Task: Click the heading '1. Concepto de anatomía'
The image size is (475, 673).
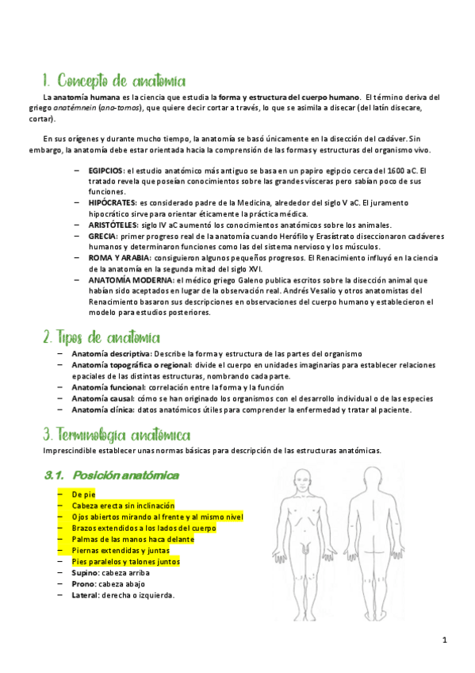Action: [114, 81]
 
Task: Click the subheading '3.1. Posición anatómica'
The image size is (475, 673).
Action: [111, 475]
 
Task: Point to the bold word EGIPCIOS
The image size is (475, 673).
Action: [105, 171]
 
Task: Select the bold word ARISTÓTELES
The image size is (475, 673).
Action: [113, 225]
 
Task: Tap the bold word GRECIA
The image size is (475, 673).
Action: [102, 237]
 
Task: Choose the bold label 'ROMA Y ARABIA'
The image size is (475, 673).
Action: [116, 258]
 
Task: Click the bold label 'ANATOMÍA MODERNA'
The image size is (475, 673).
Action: [130, 280]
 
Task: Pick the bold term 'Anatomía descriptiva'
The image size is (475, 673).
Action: [111, 353]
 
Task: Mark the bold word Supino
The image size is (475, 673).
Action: [85, 572]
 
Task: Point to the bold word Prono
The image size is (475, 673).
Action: [83, 583]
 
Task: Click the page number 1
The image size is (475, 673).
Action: [446, 640]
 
